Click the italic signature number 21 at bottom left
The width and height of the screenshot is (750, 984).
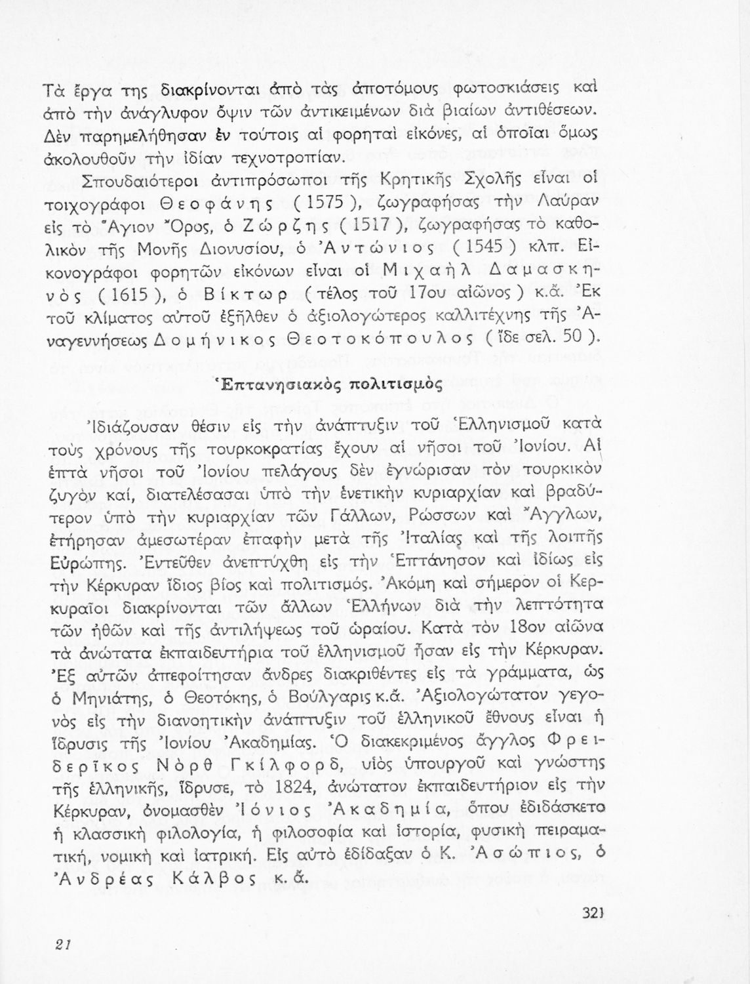tap(63, 944)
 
